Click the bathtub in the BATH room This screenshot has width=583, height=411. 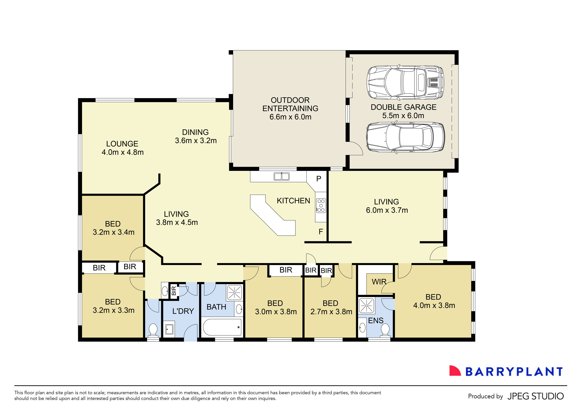click(222, 327)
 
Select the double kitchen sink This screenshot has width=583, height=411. click(281, 176)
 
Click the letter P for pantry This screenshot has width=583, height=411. click(319, 179)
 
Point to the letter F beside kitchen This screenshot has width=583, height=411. click(321, 231)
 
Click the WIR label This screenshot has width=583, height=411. click(379, 282)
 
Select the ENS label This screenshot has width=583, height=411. click(376, 320)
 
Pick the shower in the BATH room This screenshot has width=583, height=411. click(234, 293)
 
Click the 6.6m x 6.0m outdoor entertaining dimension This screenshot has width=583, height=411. click(290, 117)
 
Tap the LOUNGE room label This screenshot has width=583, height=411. click(122, 144)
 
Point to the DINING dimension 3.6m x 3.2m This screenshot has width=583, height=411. click(196, 140)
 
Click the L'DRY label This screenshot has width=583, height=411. click(183, 311)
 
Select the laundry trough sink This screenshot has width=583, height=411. click(169, 329)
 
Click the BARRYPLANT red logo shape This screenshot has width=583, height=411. click(454, 371)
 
